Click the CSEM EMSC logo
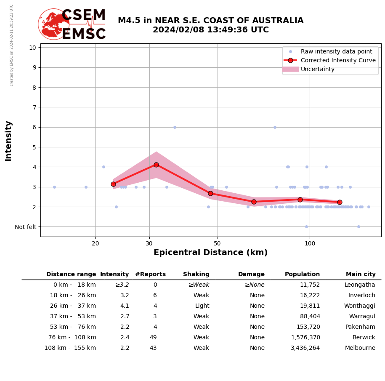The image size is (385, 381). point(72,24)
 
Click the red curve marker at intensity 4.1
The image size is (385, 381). point(156,165)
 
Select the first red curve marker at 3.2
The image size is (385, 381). point(113,184)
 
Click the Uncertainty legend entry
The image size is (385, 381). point(317,69)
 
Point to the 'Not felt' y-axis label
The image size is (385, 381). point(26,227)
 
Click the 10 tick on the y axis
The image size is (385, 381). point(32,47)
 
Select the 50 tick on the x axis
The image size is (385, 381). point(217,243)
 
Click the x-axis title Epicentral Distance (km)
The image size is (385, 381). point(210,253)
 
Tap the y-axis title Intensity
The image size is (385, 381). point(8,141)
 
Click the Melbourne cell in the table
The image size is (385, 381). point(360,348)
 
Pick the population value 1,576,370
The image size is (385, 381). point(305,338)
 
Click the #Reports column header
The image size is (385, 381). point(150,274)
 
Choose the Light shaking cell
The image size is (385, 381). point(202,306)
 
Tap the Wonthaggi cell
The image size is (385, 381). point(359,306)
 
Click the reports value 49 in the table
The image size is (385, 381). point(153,338)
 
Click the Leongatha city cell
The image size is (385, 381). point(360,285)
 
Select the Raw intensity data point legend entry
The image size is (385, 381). point(336,51)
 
